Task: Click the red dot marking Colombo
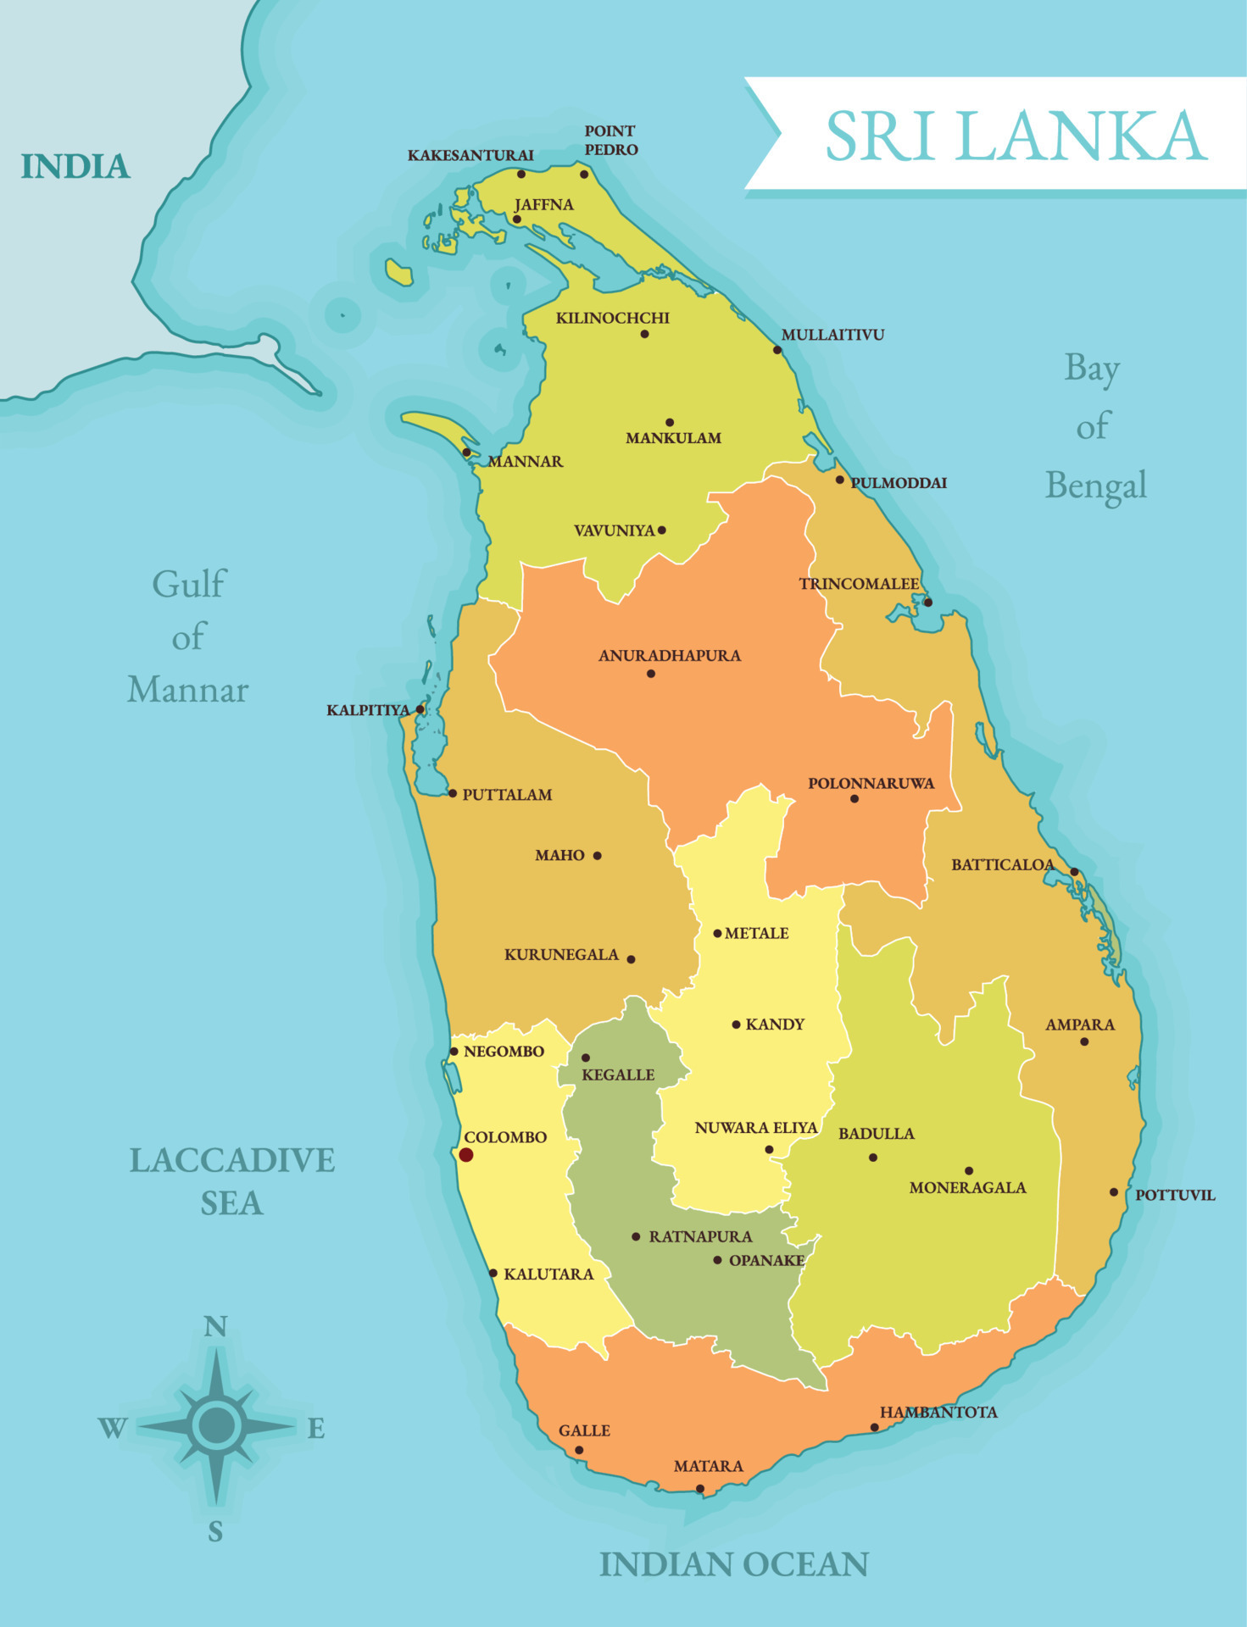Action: point(465,1154)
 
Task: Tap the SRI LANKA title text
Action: point(1015,136)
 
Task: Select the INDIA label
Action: point(75,167)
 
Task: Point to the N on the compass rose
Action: point(215,1326)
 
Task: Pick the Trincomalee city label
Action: point(858,584)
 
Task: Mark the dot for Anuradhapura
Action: point(650,674)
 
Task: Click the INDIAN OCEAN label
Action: point(733,1564)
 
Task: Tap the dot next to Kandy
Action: point(736,1025)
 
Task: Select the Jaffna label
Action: point(543,205)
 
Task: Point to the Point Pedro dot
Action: point(584,175)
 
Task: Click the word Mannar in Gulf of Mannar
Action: point(187,690)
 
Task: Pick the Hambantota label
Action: point(938,1412)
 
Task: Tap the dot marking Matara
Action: point(700,1489)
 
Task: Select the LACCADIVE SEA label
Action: point(231,1181)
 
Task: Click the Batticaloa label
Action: point(1002,864)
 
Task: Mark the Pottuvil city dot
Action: point(1114,1191)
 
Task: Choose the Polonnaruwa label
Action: point(871,783)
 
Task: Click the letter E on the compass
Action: point(315,1430)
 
